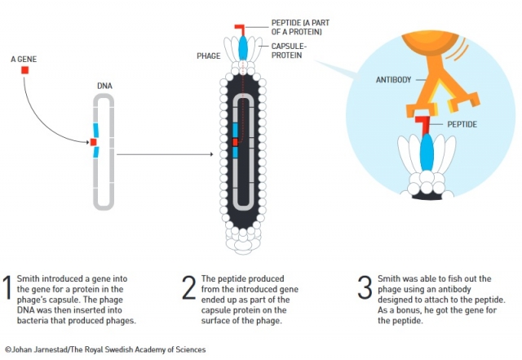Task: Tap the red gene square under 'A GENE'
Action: click(24, 71)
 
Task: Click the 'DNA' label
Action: click(104, 85)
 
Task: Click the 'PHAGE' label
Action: click(209, 56)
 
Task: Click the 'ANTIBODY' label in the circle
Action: click(393, 80)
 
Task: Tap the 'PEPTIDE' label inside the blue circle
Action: click(461, 124)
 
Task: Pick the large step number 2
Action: click(188, 289)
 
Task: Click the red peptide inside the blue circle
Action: click(424, 124)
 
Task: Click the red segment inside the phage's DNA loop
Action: click(234, 142)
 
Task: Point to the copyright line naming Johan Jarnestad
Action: click(105, 349)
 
